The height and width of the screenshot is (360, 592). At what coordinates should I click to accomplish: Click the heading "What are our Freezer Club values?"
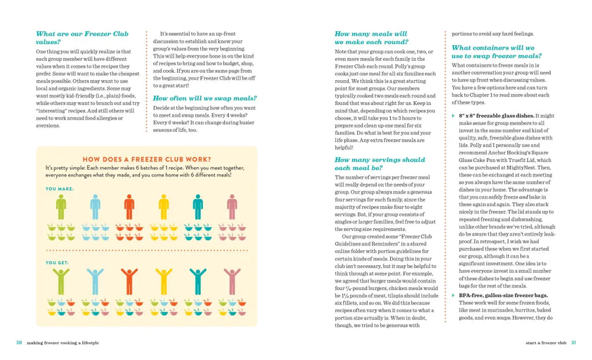pos(82,38)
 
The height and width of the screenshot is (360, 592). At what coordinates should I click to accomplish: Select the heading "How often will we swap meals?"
pos(205,98)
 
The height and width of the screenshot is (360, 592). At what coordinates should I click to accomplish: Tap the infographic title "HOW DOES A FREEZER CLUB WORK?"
pos(146,159)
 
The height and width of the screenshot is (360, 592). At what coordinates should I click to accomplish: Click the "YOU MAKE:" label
pos(59,188)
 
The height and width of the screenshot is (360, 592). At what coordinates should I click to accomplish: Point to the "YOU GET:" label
pos(57,262)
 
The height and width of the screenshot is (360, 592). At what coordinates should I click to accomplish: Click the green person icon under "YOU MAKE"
pos(61,207)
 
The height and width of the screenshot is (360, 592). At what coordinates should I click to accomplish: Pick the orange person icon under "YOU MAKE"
pos(129,207)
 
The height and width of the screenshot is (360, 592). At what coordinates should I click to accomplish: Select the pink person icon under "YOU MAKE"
pos(232,207)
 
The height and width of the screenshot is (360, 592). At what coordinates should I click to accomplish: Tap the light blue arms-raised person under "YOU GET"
pos(95,281)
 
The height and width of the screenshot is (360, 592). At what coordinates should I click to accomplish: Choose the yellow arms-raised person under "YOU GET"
pos(164,281)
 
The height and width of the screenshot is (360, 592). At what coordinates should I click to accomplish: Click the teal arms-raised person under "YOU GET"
pos(198,281)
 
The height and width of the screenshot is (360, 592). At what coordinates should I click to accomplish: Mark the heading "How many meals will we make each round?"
pos(371,38)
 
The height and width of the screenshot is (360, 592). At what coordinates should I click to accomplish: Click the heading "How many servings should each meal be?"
pos(379,164)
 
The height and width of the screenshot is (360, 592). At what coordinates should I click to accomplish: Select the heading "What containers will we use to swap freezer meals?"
pos(496,52)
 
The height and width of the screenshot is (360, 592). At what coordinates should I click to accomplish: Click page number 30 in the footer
pos(19,343)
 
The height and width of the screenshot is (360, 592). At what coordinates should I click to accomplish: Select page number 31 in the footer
pos(573,343)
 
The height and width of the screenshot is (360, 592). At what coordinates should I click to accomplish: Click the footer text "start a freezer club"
pos(546,343)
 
